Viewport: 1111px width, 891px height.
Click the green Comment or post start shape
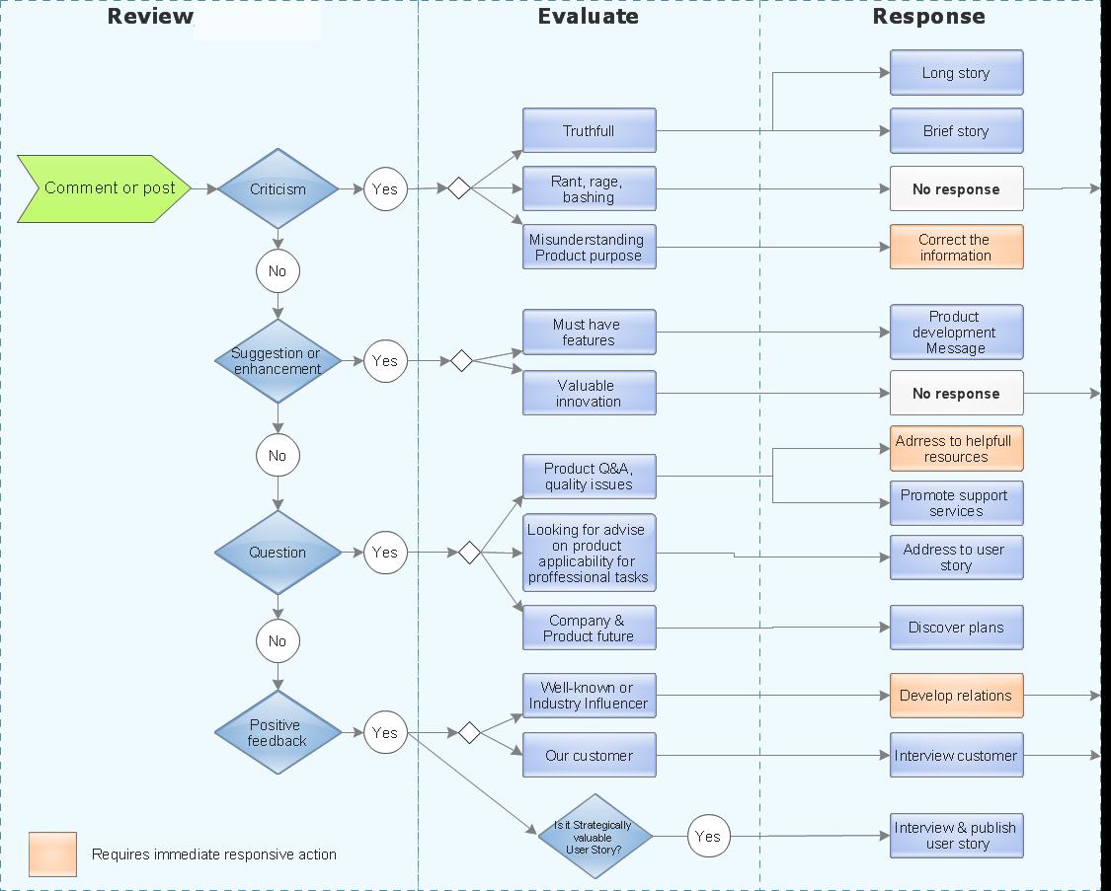(105, 188)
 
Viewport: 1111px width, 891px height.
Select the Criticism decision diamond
(278, 189)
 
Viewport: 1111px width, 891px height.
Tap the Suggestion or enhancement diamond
(278, 361)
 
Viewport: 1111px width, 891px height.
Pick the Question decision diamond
(278, 553)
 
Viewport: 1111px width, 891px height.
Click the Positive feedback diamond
(278, 733)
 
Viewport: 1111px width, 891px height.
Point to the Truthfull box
(589, 131)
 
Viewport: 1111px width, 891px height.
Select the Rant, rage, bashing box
(589, 188)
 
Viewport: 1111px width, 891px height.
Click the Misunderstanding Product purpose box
(589, 247)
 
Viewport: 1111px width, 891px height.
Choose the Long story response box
(956, 73)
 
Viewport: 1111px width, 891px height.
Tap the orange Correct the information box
(956, 247)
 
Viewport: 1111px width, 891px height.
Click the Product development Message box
(956, 333)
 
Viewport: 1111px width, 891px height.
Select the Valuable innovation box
(589, 393)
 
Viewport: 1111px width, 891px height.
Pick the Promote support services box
(956, 503)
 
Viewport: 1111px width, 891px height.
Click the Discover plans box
(956, 628)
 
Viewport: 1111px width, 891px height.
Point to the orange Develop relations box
(956, 696)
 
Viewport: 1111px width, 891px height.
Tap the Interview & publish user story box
(956, 836)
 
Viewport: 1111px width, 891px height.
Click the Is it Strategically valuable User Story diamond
(595, 837)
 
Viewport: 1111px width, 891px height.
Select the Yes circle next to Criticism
(385, 189)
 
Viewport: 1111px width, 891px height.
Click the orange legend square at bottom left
(52, 854)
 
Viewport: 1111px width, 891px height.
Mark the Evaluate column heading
(588, 17)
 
